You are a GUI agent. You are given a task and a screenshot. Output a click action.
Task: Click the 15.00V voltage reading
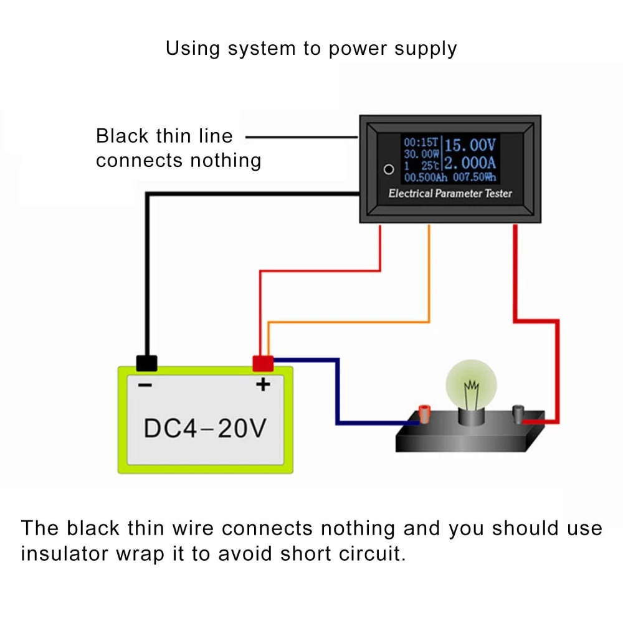tap(470, 145)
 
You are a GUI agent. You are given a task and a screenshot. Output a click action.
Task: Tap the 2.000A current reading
tap(470, 163)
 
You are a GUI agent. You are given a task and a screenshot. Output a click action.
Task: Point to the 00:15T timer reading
tap(420, 143)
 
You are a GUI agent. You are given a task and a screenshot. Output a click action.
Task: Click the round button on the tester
tap(388, 169)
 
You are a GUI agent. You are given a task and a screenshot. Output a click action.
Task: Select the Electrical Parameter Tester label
tap(450, 193)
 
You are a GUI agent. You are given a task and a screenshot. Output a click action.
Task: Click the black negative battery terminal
tap(146, 363)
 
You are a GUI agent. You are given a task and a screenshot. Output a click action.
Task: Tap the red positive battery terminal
tap(263, 363)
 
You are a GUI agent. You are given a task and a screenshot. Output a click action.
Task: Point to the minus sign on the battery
tap(145, 386)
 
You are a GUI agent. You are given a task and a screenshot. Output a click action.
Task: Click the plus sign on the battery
tap(263, 385)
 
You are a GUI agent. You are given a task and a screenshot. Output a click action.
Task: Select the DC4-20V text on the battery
tap(205, 428)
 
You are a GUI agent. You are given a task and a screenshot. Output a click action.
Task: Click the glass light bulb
tap(471, 386)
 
